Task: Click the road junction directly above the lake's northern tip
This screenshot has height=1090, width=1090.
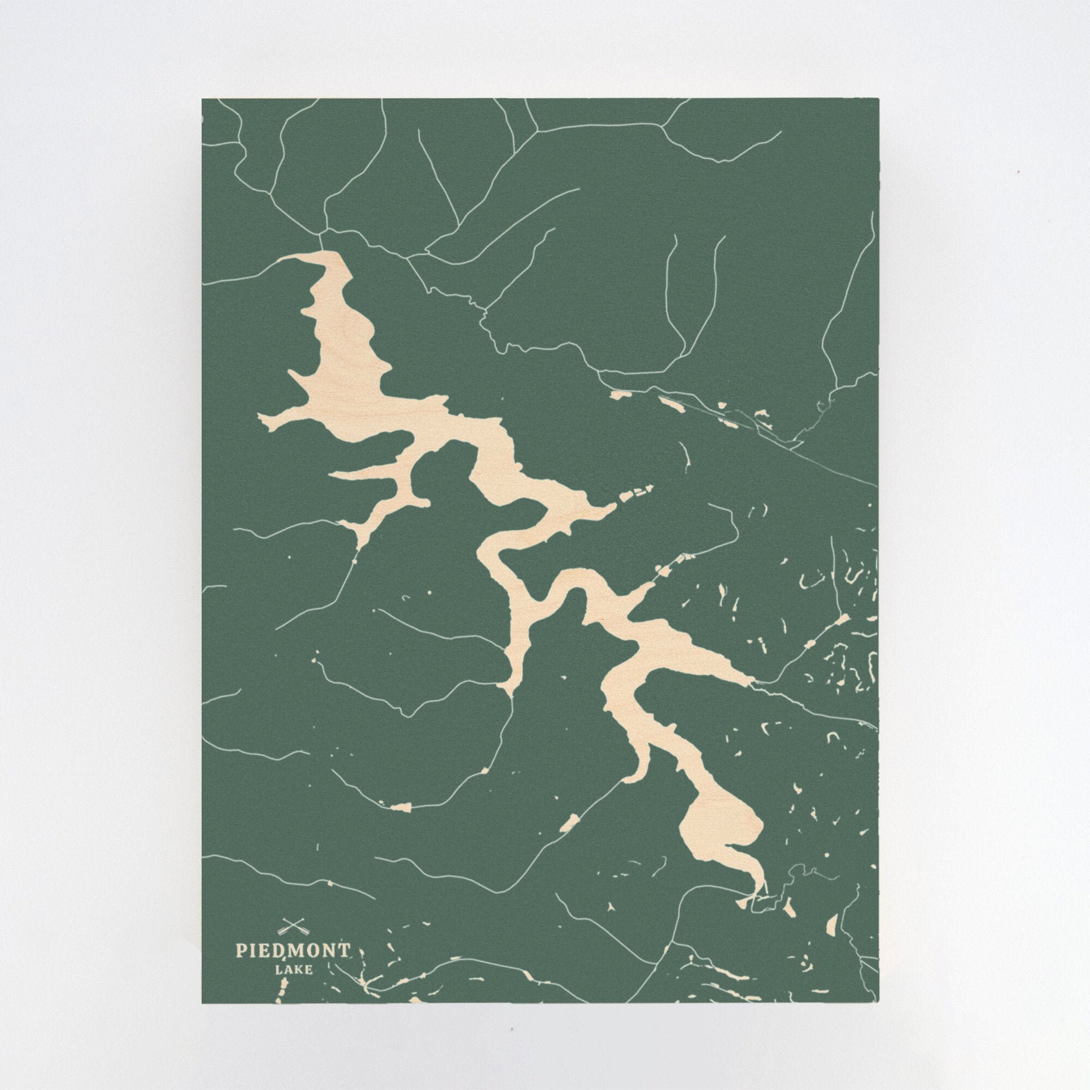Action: point(322,231)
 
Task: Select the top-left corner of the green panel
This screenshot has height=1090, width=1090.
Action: point(203,99)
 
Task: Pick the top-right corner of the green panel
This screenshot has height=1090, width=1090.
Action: point(879,99)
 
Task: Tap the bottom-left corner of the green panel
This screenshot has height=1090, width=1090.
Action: point(203,1003)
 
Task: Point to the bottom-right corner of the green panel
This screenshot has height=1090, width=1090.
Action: point(879,1003)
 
